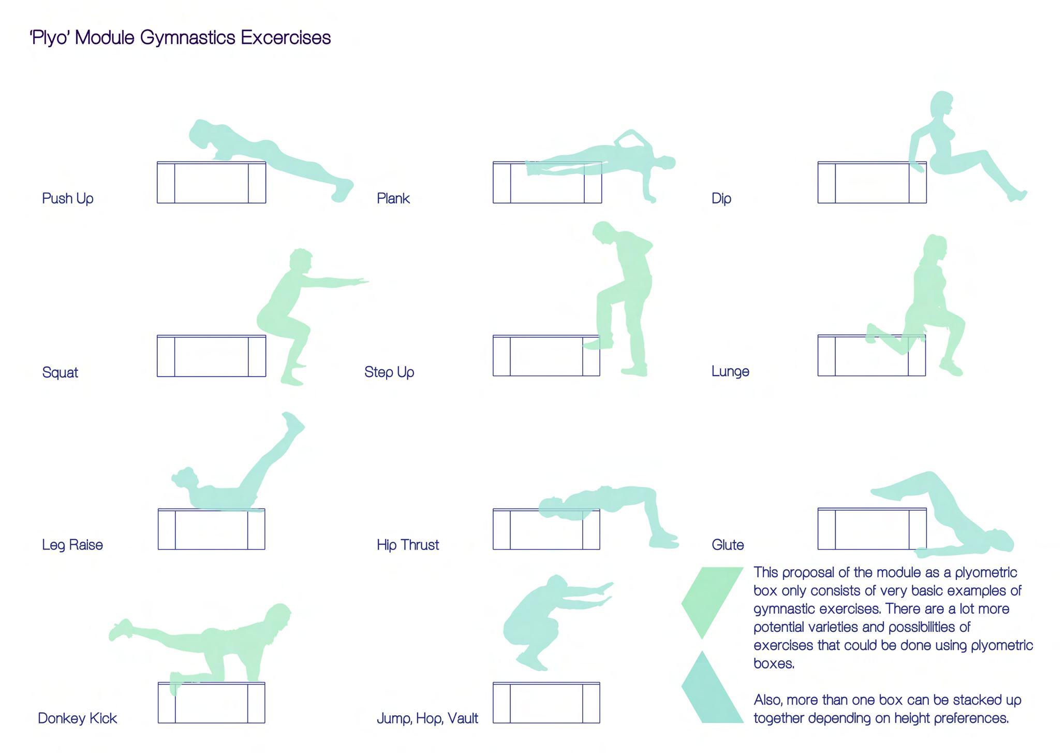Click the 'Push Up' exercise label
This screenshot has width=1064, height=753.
point(68,199)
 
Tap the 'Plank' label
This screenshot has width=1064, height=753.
point(393,198)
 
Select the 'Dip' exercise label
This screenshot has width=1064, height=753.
point(721,199)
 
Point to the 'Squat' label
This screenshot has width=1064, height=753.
point(60,373)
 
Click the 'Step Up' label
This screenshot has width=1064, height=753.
point(389,372)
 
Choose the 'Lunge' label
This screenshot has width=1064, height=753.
point(730,372)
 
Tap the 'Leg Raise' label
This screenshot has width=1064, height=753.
point(72,545)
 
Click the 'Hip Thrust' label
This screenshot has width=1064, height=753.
point(408,545)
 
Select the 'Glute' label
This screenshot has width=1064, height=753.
point(728,545)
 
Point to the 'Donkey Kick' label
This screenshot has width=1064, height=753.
point(78,719)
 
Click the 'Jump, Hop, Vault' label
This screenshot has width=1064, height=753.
point(427,719)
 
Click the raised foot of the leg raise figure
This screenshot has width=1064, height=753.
point(293,423)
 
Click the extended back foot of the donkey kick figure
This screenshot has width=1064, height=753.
point(121,630)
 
